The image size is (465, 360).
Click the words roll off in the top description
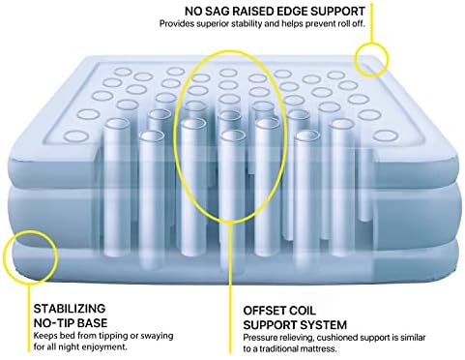353,24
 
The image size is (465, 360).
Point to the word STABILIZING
70,309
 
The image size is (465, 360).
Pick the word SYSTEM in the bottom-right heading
323,325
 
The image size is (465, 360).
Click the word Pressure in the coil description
257,338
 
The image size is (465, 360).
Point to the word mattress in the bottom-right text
321,349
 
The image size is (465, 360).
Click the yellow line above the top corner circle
371,22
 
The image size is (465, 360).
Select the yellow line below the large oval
230,287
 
